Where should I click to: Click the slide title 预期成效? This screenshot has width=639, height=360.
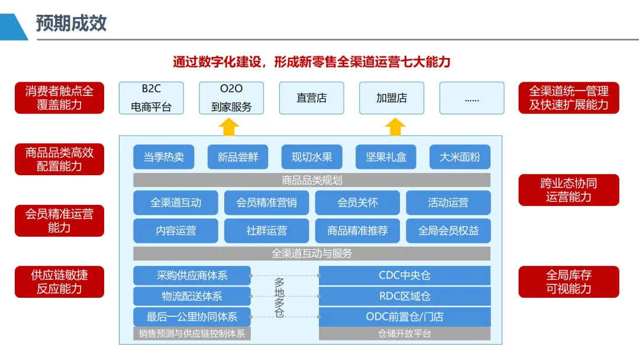pos(71,23)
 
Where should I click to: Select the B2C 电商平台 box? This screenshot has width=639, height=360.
pos(151,98)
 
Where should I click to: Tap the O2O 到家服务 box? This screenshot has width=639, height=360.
pos(231,98)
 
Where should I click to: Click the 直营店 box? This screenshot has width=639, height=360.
pos(311,98)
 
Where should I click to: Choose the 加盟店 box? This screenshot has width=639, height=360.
pos(392,98)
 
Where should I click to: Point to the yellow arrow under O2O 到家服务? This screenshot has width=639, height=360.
pos(228,126)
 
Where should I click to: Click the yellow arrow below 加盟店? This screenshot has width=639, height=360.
pos(395,126)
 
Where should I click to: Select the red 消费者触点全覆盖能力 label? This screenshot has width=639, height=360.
pos(59,98)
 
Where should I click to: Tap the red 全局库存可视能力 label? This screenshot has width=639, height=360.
pos(569,282)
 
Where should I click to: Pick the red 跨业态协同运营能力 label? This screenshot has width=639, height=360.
pos(569,190)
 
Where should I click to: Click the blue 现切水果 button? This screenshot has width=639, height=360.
pos(312,157)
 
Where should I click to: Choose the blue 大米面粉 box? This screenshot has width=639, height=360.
pos(460,157)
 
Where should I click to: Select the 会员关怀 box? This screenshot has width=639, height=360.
pos(357,202)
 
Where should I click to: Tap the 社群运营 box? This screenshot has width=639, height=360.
pos(266,231)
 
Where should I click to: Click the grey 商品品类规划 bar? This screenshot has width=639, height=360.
pos(312,180)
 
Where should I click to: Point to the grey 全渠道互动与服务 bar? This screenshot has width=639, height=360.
pos(312,253)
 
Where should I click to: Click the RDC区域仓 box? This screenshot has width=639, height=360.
pos(405,296)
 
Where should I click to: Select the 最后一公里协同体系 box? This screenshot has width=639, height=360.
pos(192,316)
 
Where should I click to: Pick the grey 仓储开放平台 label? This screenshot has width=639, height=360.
pos(405,333)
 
